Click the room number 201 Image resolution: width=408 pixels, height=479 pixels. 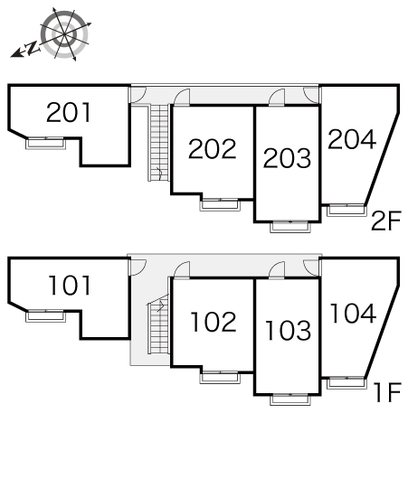tap(69, 112)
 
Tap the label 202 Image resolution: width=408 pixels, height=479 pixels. tap(213, 149)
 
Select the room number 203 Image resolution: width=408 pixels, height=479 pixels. tap(287, 158)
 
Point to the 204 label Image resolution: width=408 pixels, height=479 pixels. tap(352, 139)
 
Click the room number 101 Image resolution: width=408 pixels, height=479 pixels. tap(70, 286)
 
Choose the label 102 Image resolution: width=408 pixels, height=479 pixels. tap(213, 322)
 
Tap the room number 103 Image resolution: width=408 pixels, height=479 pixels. tap(288, 331)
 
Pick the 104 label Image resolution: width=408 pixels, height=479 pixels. tap(353, 313)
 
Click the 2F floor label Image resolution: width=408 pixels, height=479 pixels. tap(386, 221)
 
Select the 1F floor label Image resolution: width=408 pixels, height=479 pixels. tap(387, 392)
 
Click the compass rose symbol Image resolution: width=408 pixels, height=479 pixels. tap(64, 34)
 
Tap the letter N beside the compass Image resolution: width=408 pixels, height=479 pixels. tap(32, 48)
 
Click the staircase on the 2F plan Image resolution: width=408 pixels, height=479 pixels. tap(159, 143)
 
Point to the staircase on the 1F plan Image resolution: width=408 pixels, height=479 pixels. tap(159, 324)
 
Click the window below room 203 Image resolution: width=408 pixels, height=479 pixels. tap(290, 226)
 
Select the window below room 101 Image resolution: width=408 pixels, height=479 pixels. tap(45, 315)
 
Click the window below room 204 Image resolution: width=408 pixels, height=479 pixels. tap(346, 211)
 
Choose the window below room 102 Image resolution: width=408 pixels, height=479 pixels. tap(220, 377)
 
